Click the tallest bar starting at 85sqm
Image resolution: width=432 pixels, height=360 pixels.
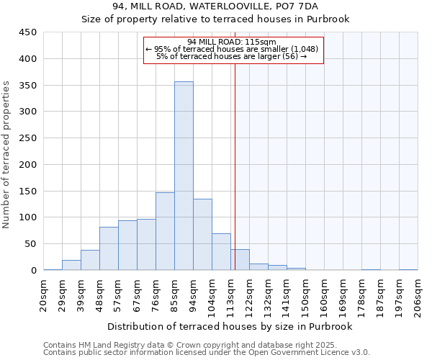(x=184, y=176)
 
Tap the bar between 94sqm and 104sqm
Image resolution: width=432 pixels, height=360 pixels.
(x=202, y=235)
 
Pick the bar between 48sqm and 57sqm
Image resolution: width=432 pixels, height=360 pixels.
(x=109, y=249)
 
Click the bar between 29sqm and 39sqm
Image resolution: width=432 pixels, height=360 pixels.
(x=71, y=265)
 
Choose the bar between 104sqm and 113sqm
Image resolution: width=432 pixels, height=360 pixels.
(x=221, y=252)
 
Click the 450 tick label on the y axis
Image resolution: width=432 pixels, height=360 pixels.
(x=27, y=32)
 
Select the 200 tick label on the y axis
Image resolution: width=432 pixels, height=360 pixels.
(x=27, y=165)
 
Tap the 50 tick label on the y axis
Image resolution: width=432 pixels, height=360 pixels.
(x=30, y=244)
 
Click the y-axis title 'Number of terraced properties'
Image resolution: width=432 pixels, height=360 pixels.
(x=7, y=155)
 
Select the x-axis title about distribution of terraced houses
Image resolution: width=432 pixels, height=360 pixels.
(x=230, y=327)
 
